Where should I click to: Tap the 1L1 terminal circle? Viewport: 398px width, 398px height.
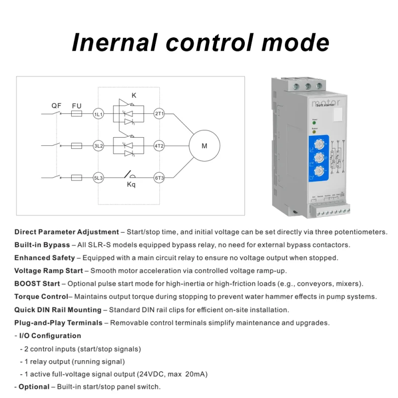point(99,114)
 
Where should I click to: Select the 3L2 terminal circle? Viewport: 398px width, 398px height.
point(99,146)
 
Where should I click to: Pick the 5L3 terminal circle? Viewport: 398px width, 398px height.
point(99,178)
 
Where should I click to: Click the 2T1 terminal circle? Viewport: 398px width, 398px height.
point(159,114)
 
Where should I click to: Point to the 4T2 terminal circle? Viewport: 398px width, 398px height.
point(159,146)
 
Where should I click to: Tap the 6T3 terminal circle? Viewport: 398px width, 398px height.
point(159,178)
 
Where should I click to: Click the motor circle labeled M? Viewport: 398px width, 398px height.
point(204,146)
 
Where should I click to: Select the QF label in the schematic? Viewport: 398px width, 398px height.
point(56,105)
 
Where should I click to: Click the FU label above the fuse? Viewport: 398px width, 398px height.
point(77,105)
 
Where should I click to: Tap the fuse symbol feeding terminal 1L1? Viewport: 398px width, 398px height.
point(77,114)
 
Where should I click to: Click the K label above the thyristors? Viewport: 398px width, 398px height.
point(134,95)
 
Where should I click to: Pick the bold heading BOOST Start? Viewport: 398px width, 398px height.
point(37,284)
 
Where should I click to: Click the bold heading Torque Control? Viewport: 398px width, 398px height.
point(41,297)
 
